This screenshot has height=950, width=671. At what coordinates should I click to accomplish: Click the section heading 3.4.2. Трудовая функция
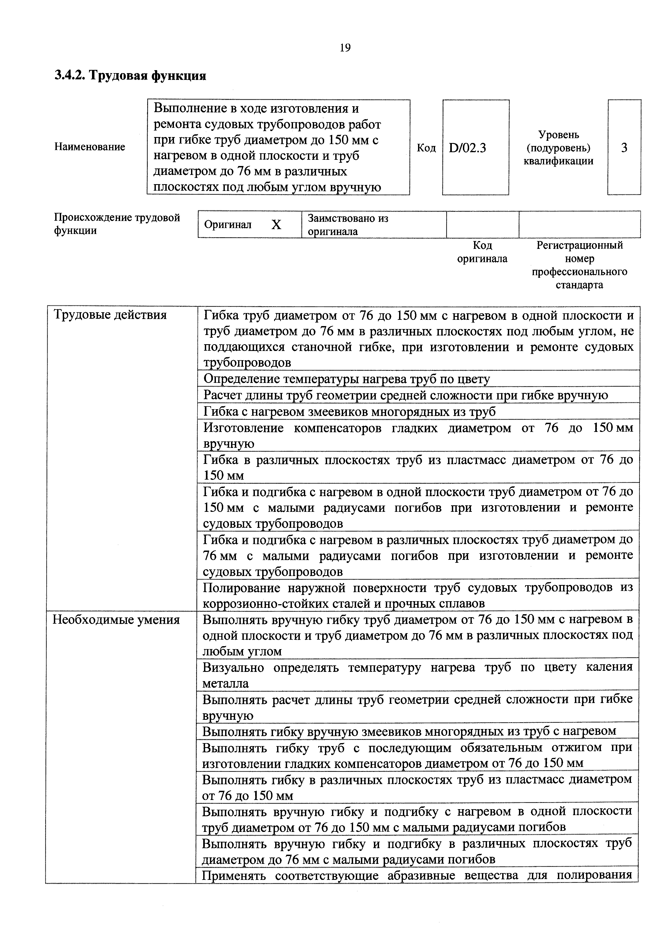130,76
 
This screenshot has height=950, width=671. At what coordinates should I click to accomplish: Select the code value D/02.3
467,148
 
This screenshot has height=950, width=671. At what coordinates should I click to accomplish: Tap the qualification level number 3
624,148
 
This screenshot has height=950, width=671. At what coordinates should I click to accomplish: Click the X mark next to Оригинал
276,225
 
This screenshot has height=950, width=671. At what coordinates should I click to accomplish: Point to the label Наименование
90,147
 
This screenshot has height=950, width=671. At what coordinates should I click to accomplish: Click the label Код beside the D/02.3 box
426,148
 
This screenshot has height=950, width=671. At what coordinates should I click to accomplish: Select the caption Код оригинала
482,252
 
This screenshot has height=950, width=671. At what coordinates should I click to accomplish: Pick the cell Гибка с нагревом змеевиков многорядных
349,412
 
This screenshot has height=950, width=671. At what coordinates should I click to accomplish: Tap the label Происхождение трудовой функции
117,224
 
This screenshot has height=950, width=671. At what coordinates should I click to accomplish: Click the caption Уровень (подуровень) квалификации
558,148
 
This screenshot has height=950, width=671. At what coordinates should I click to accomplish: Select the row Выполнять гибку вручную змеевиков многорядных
409,731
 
